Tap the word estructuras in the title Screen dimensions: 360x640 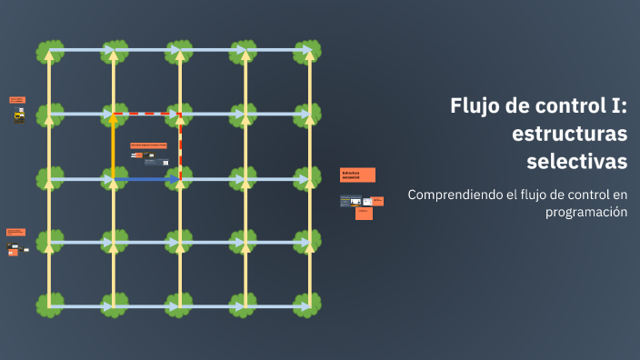(570, 134)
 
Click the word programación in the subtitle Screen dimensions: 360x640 (586, 212)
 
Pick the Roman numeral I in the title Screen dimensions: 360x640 (620, 105)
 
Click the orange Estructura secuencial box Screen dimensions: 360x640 (357, 175)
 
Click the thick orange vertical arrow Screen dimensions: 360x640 (114, 145)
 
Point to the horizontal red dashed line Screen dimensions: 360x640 (147, 115)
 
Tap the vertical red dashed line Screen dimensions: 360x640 (180, 145)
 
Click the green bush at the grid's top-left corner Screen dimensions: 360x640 (49, 51)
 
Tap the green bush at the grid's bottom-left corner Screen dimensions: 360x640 (49, 305)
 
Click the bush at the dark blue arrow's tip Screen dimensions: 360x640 (180, 179)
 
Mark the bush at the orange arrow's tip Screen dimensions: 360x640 (114, 115)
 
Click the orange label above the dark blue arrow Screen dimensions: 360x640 (148, 145)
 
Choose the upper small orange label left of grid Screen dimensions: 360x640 (17, 99)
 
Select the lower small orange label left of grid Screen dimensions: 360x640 (15, 232)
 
